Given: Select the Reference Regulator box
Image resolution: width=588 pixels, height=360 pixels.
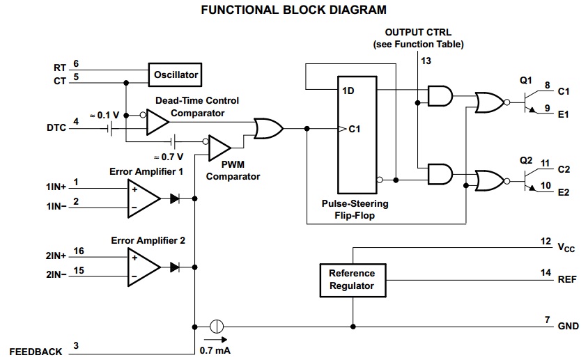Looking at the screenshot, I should [x=351, y=279].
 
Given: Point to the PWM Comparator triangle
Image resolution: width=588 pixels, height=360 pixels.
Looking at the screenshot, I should [x=220, y=147].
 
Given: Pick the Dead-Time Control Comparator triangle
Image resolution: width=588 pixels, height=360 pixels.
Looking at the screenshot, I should [x=157, y=123].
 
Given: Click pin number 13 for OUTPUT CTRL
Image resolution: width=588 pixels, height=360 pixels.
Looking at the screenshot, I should [x=426, y=61].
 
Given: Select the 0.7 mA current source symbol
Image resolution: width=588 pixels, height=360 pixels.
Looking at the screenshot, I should [x=215, y=326].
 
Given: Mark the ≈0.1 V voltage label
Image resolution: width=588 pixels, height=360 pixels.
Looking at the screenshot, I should [x=104, y=114].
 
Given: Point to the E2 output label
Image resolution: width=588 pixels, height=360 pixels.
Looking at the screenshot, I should [x=564, y=192].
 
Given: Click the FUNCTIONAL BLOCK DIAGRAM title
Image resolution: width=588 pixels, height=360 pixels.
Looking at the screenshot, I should [x=293, y=10].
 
